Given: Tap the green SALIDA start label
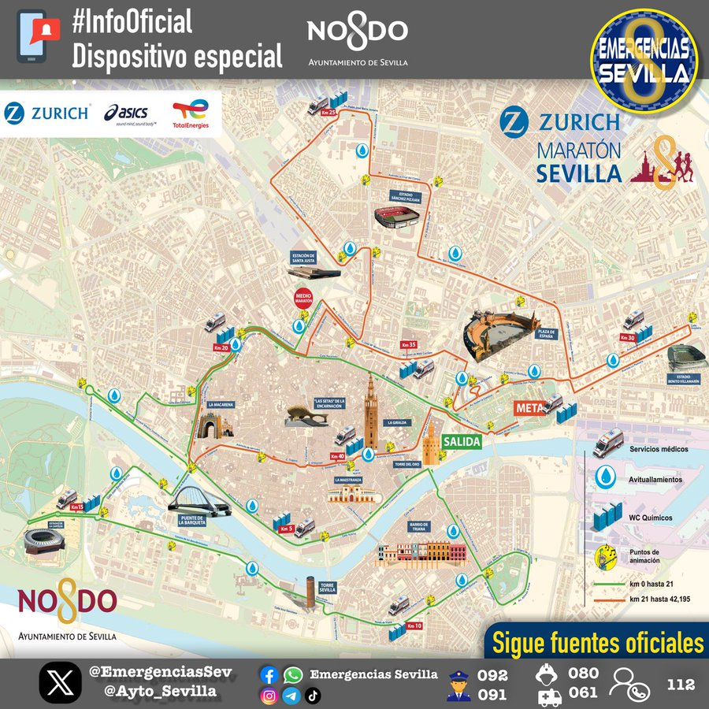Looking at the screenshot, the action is pyautogui.click(x=461, y=443).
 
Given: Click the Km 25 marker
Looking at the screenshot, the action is pyautogui.click(x=328, y=113).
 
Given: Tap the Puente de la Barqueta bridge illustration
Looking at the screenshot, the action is pyautogui.click(x=199, y=500).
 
